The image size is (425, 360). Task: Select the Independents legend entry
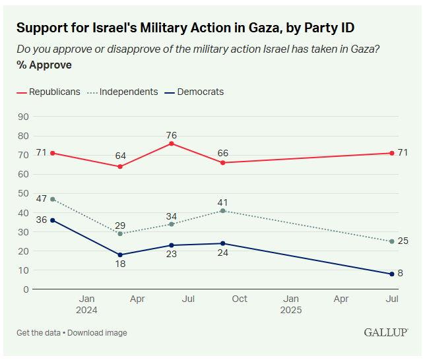(x=128, y=92)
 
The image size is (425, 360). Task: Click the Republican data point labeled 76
(x=172, y=143)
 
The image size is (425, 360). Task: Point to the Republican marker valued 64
(x=120, y=166)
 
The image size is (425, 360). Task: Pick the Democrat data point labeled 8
(x=392, y=274)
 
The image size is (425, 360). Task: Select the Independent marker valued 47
(x=52, y=199)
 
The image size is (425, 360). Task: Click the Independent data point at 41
(x=223, y=210)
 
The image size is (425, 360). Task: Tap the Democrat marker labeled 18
(x=120, y=255)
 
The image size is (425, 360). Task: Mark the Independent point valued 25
(x=392, y=241)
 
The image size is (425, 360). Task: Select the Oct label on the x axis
(x=240, y=299)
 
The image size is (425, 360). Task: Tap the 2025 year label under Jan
(x=290, y=310)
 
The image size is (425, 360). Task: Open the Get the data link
(x=39, y=332)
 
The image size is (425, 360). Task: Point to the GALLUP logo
(x=385, y=332)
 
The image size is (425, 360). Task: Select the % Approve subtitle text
(x=44, y=65)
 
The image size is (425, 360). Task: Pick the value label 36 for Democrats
(x=41, y=220)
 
